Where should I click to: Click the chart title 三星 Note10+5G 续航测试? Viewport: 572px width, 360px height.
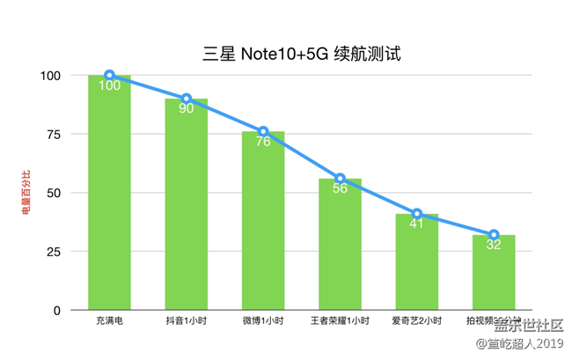pos(303,54)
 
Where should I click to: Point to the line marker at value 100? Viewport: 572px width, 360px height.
pos(109,75)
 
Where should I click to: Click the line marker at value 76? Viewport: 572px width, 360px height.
pos(263,131)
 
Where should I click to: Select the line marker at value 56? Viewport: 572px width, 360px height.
pos(340,179)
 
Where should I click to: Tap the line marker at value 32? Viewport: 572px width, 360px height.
pos(494,235)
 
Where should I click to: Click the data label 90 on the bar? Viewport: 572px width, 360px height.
pos(187,109)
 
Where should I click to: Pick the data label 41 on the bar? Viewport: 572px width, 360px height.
pos(416,224)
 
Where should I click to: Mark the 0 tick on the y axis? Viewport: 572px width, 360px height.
pos(56,311)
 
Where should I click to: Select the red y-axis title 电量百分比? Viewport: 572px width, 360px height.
pos(25,193)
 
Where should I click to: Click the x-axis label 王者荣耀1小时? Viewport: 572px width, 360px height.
pos(340,322)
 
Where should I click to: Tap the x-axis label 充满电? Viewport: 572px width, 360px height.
pos(109,322)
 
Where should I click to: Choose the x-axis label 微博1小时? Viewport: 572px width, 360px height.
pos(263,322)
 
